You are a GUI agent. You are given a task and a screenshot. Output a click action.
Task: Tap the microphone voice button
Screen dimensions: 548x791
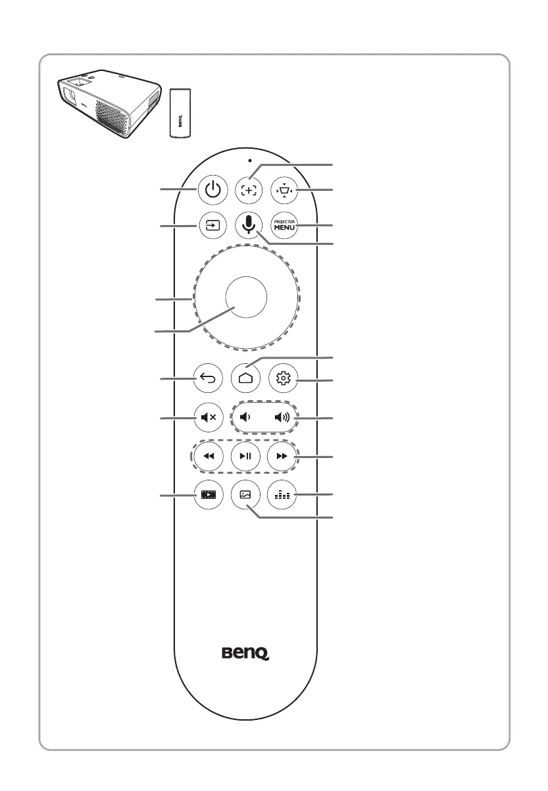coord(248,225)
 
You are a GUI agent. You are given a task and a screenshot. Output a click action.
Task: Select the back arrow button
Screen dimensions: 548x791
coord(211,378)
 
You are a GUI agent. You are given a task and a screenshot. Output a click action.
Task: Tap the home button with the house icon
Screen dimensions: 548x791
coord(248,379)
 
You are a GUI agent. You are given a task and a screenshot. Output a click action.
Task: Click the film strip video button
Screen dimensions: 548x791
coord(211,494)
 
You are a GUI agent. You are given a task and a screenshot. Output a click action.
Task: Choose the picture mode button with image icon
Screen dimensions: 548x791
coord(247,494)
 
